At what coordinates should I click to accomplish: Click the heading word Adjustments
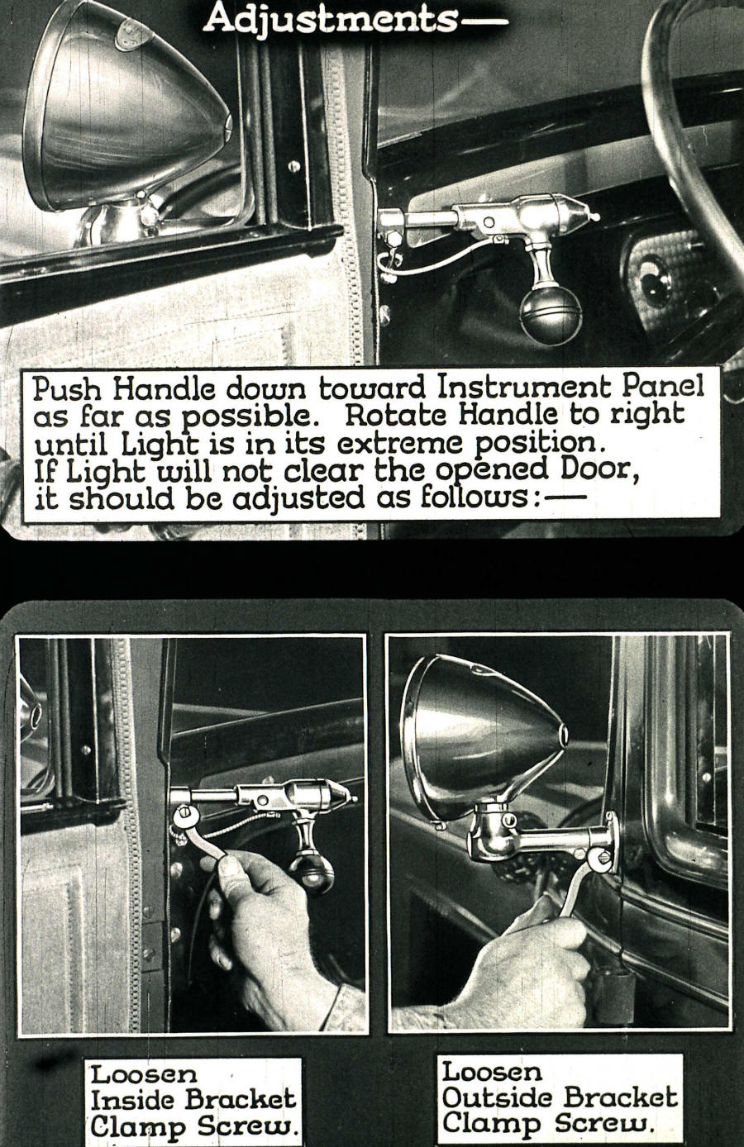[329, 17]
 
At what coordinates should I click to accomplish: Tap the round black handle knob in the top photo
[551, 314]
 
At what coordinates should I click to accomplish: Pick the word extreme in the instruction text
[388, 444]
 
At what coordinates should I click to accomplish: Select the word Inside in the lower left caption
[133, 1100]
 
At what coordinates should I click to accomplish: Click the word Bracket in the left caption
[240, 1100]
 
